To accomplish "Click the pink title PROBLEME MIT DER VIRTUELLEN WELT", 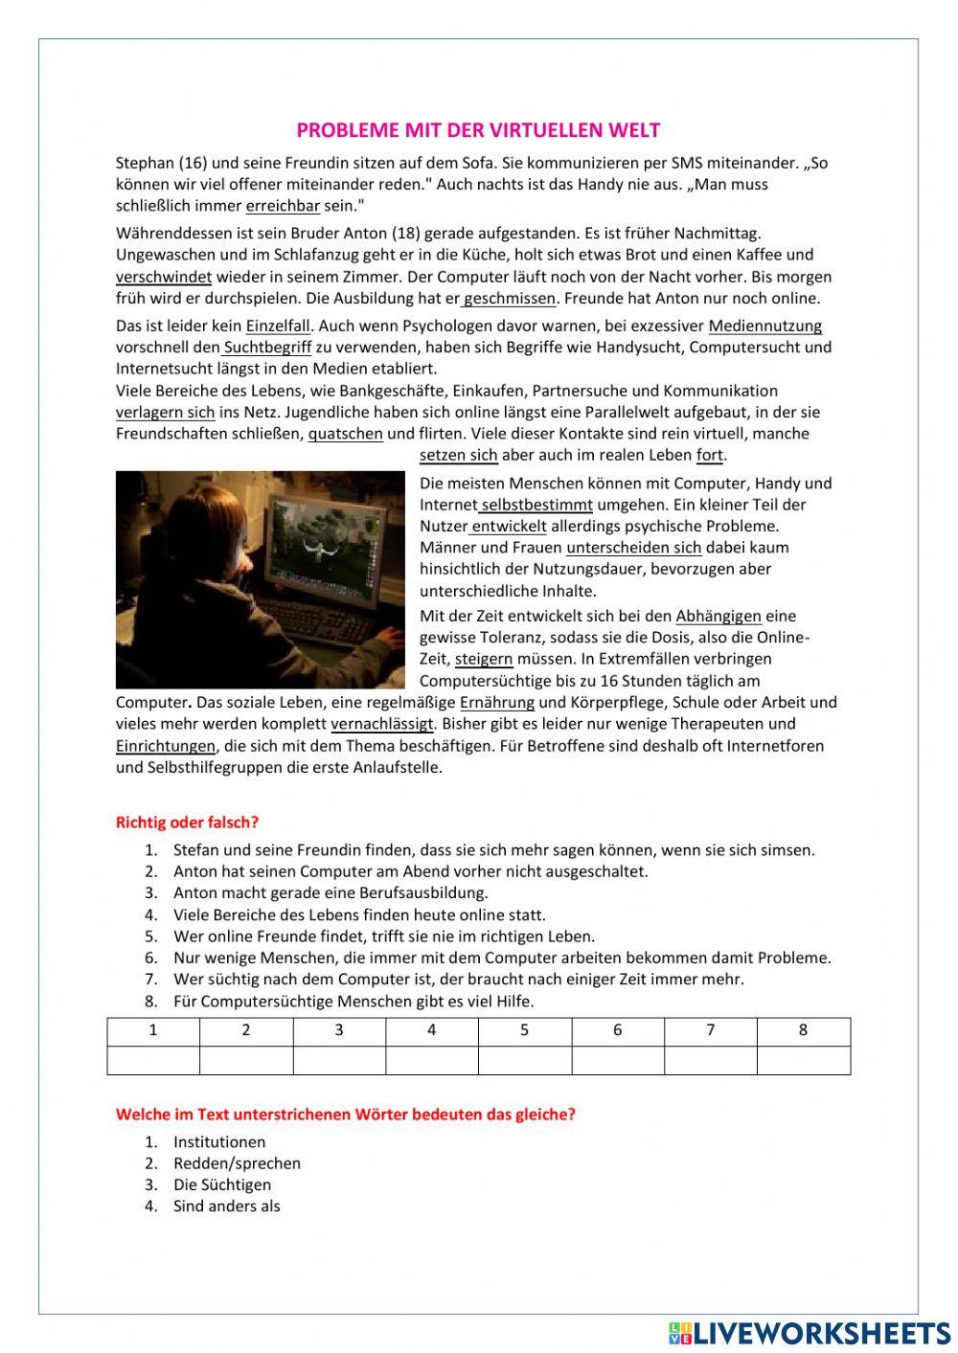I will [478, 130].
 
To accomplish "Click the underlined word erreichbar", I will [283, 206].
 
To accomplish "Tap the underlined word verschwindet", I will [164, 277].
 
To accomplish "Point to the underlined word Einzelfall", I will [278, 326].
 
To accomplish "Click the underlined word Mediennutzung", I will [764, 326].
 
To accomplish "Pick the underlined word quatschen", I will [345, 434].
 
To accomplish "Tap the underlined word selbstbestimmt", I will [536, 505].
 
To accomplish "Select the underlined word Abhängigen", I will [718, 617].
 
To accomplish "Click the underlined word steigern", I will [484, 659].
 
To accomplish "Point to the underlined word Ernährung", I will [497, 703].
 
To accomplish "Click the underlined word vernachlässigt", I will [382, 724].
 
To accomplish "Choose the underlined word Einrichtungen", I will [166, 746].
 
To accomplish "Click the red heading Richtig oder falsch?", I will [187, 823].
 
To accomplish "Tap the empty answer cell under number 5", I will [524, 1060].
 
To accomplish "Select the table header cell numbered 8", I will [803, 1030].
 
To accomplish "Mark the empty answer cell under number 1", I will [153, 1060].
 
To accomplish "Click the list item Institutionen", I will [219, 1141].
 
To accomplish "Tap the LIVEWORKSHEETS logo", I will [810, 1333].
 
